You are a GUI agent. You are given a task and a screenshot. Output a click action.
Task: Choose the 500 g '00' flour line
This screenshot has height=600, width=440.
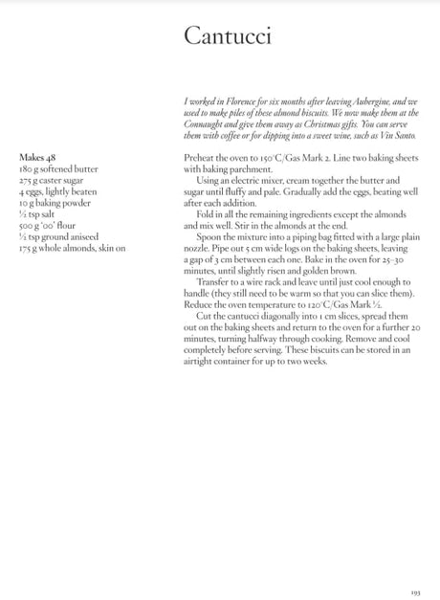click(x=49, y=225)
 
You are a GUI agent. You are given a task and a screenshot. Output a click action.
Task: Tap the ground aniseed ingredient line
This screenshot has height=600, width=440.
click(x=56, y=236)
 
